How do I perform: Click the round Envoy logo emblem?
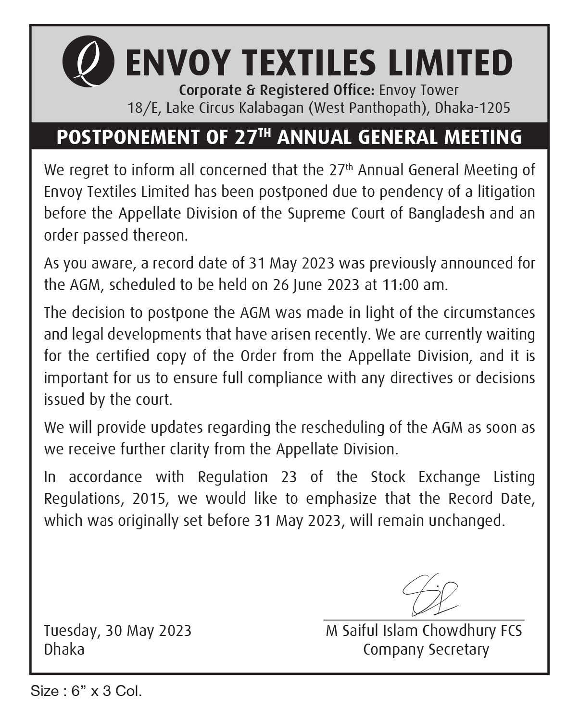pyautogui.click(x=88, y=63)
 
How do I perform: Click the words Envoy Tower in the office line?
pyautogui.click(x=419, y=90)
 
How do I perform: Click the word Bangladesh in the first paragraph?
pyautogui.click(x=446, y=213)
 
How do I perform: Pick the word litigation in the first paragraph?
pyautogui.click(x=506, y=192)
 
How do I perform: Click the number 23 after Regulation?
pyautogui.click(x=289, y=477)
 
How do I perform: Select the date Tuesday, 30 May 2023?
pyautogui.click(x=118, y=630)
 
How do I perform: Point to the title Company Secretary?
pyautogui.click(x=426, y=649)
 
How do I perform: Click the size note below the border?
pyautogui.click(x=87, y=691)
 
